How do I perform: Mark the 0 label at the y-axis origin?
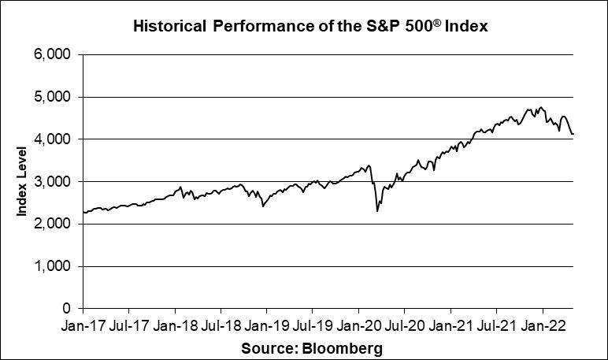tap(68, 309)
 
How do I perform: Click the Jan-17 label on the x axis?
tap(83, 325)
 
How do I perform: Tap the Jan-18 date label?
tap(174, 325)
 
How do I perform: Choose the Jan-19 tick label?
tap(266, 325)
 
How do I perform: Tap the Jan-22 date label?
tap(542, 325)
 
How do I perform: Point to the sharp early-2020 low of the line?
tap(377, 211)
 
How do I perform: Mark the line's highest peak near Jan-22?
tap(541, 106)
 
